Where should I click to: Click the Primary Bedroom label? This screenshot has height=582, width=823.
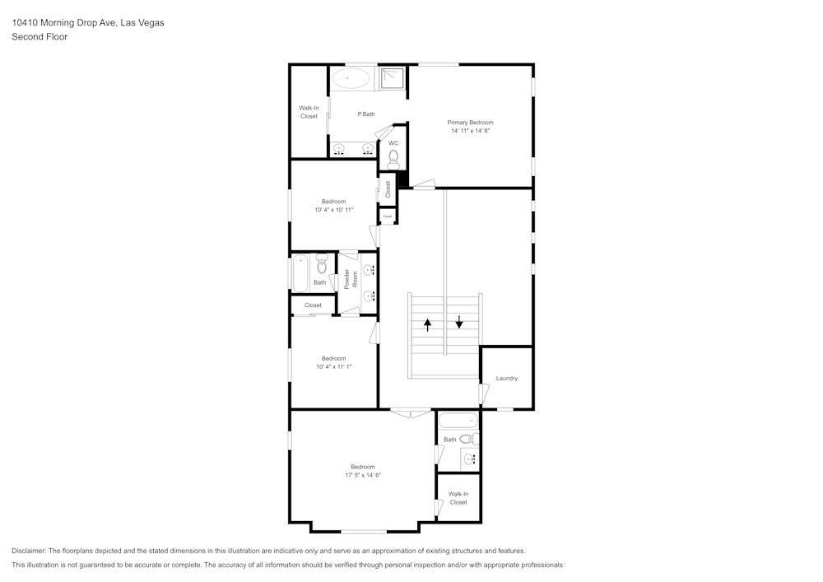click(x=470, y=122)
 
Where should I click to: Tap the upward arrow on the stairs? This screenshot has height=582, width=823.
click(x=427, y=324)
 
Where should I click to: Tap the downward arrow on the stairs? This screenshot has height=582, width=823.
click(x=459, y=320)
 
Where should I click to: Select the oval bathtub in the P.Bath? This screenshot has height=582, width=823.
click(x=352, y=78)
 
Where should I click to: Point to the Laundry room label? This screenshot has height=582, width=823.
click(x=507, y=378)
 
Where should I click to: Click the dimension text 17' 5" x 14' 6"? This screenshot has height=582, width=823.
click(x=363, y=475)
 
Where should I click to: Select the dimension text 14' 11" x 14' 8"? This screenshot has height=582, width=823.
click(x=470, y=131)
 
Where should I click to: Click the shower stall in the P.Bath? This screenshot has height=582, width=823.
click(x=393, y=77)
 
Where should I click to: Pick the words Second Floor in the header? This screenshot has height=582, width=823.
click(x=40, y=37)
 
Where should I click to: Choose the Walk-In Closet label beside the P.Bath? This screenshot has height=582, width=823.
click(x=309, y=112)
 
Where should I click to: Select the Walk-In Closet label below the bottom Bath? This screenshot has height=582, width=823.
click(x=458, y=498)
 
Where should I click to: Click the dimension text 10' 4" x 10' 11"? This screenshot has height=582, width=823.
click(x=333, y=210)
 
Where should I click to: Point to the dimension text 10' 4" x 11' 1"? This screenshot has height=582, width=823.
click(x=333, y=366)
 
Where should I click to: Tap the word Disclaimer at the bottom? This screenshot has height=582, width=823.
click(x=29, y=551)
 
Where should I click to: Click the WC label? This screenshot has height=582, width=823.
click(x=393, y=142)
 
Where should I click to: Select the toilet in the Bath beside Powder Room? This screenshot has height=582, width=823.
click(x=322, y=266)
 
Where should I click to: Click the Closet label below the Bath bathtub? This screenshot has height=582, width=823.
click(x=313, y=305)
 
